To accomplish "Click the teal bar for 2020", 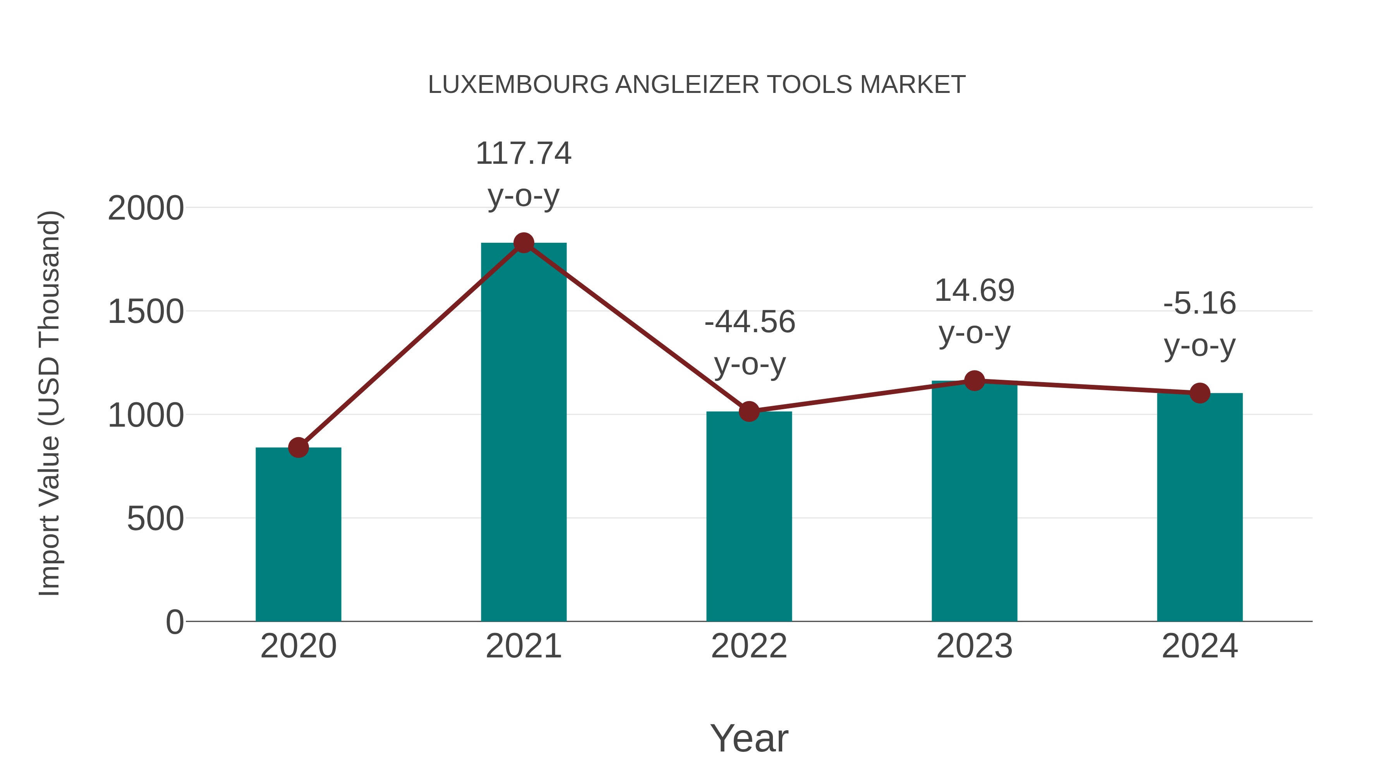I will coord(298,536).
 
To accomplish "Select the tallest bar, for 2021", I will coord(523,433).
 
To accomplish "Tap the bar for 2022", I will coord(749,517).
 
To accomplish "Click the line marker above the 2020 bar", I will coord(298,448).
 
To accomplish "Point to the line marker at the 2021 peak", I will coord(523,243).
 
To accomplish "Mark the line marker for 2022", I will coord(749,412).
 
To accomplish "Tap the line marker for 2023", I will coord(974,381).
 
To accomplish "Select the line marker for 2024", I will coord(1200,393).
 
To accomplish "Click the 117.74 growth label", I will coord(523,154).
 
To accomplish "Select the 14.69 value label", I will coord(974,291).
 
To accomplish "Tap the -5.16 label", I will coord(1200,304).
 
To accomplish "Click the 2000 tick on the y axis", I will coord(146,208).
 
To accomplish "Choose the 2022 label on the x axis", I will coord(749,646).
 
